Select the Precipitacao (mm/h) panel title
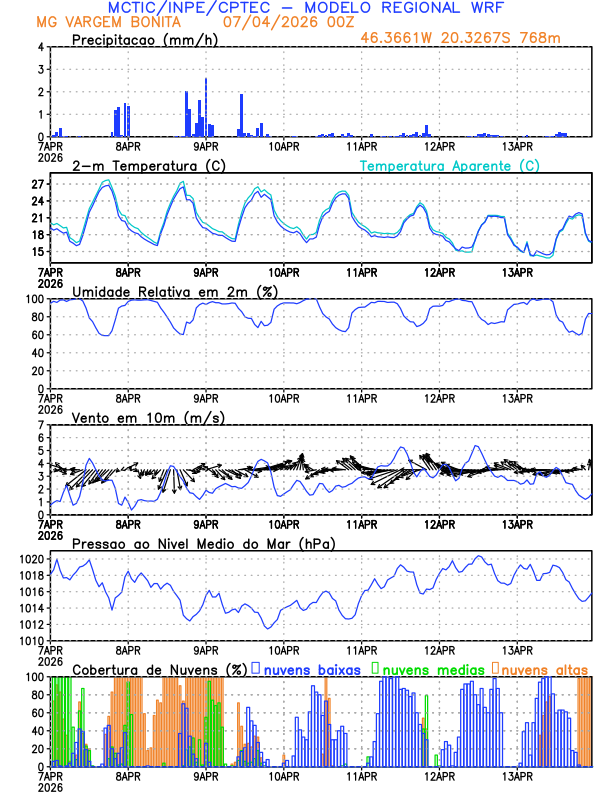140,39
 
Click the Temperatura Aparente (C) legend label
450,166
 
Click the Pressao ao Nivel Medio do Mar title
204,543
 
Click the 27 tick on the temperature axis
38,185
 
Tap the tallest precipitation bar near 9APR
206,107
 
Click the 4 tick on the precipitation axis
41,47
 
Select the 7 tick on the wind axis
41,425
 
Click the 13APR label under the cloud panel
516,776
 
